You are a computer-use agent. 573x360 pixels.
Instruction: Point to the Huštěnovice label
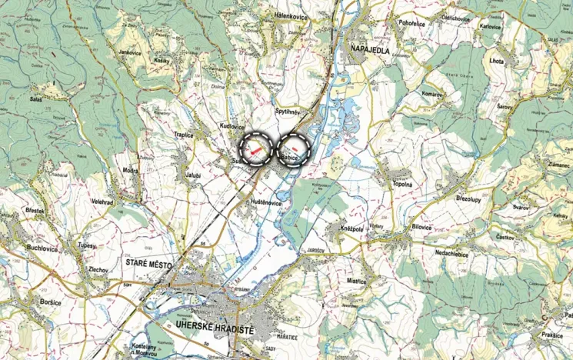pos(265,202)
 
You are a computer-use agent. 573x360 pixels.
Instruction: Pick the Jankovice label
pos(130,52)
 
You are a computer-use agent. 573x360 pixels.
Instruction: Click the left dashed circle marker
pos(255,148)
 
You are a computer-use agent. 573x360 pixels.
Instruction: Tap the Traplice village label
pos(183,134)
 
